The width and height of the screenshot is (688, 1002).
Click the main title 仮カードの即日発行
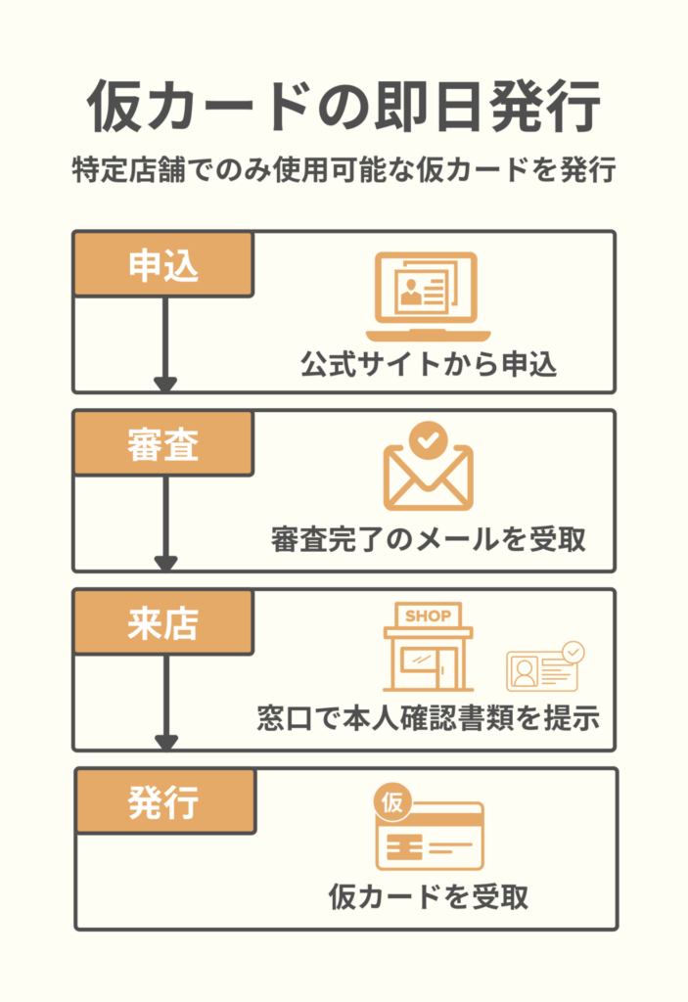point(344,106)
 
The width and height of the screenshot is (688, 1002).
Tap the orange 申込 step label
point(163,264)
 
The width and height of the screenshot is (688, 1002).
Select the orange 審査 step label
point(163,443)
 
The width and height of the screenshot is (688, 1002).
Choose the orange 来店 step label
point(163,622)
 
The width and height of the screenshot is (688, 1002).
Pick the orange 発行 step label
point(163,801)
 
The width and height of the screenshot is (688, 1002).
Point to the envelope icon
point(428,477)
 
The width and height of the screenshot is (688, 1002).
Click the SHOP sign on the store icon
point(428,616)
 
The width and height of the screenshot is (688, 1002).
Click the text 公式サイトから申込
point(429,365)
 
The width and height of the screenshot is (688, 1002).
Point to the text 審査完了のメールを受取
point(429,540)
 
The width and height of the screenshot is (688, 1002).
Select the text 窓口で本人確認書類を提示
point(427,718)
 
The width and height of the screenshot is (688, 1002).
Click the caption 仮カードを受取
point(429,896)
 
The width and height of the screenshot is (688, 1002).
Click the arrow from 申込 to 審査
point(165,342)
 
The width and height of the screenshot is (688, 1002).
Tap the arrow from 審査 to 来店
point(165,522)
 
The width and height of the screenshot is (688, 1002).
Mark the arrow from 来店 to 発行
point(165,701)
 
